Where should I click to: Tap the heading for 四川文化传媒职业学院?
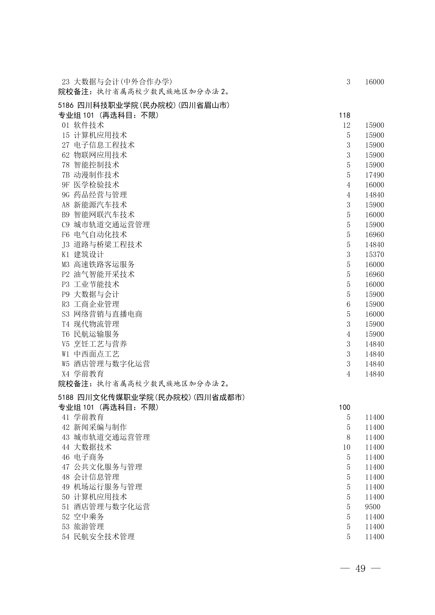pos(151,397)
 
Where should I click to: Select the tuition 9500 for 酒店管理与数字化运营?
pos(373,507)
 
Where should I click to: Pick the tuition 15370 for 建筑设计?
pos(374,255)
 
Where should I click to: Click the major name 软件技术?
pos(89,125)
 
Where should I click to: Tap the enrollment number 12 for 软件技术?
pos(347,125)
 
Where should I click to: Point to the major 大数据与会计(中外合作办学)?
pos(123,82)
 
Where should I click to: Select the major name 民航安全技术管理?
pos(104,537)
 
